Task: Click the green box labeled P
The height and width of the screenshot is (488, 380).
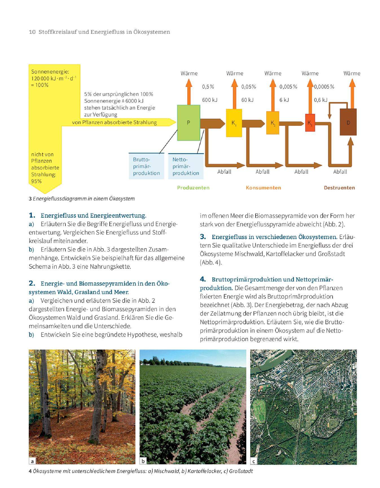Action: pos(188,123)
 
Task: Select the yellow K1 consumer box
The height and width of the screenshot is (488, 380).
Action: pos(234,123)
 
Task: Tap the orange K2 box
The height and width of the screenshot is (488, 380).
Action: pos(273,123)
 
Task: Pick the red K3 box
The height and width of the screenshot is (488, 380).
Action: pos(310,123)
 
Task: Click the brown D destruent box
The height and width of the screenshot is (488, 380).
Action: pos(348,122)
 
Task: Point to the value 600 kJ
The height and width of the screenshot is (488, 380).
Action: pos(210,100)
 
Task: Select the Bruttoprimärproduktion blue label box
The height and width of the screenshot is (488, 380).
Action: pos(146,166)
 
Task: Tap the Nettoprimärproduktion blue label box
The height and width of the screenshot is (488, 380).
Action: pos(186,166)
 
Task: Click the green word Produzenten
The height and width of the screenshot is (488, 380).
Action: pos(193,188)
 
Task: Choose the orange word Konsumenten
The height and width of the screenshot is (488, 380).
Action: pos(263,188)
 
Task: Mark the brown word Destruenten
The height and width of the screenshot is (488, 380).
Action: pos(339,188)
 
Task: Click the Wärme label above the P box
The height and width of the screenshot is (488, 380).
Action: pos(189,73)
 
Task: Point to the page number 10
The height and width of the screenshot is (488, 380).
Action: pos(32,32)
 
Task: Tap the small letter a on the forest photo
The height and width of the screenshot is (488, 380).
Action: pos(32,461)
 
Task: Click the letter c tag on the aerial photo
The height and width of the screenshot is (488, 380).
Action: pos(254,461)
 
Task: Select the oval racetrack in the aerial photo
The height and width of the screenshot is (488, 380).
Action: pos(259,410)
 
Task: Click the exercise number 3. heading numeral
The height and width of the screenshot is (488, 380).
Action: pos(203,237)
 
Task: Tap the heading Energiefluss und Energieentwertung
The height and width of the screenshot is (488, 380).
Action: pos(93,216)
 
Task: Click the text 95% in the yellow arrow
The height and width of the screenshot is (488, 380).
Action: pos(36,181)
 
